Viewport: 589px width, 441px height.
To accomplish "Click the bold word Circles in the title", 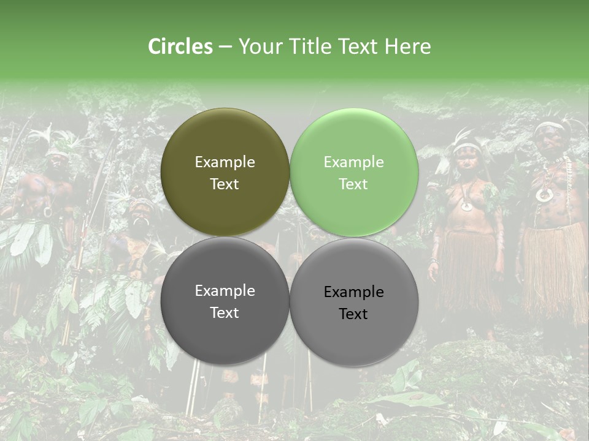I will (x=180, y=47).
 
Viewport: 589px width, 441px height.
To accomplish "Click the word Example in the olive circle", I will (x=225, y=162).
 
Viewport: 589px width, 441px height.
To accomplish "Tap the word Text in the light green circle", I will (x=353, y=184).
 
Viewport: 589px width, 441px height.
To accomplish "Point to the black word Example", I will (x=353, y=292).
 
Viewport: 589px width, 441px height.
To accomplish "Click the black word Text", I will (x=353, y=314).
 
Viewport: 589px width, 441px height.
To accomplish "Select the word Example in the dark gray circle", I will (x=225, y=291).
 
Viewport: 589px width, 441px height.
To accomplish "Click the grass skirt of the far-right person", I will (x=555, y=269).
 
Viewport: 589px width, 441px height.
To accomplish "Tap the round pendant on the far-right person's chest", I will (x=543, y=195).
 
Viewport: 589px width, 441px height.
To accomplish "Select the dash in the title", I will (x=225, y=47).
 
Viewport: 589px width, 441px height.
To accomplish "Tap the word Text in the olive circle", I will (x=225, y=184).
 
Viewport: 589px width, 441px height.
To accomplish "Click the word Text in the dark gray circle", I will (x=225, y=312).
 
